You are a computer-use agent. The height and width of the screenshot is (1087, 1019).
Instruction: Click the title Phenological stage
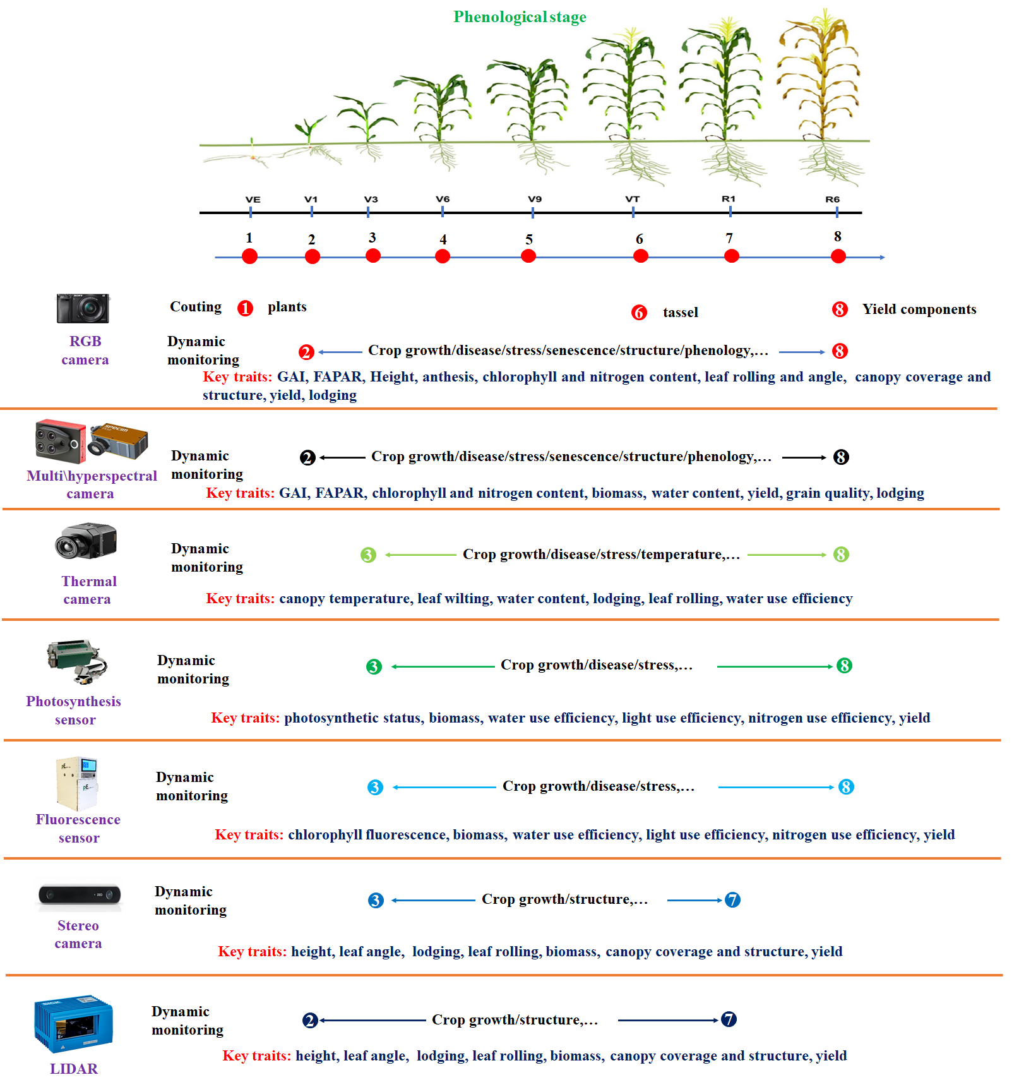coord(520,17)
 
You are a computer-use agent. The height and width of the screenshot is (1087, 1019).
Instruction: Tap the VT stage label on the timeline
coord(632,199)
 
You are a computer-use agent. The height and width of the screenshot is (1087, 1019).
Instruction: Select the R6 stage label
coord(832,199)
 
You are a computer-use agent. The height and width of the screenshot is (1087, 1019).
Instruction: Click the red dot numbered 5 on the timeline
coord(528,256)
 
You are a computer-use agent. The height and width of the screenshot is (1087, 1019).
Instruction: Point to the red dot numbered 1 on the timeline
coord(249,256)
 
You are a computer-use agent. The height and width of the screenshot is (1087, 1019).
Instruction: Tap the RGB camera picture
coord(83,308)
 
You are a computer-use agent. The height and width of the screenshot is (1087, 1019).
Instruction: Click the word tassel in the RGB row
coord(680,312)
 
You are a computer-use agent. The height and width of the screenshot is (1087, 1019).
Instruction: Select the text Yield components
coord(919,309)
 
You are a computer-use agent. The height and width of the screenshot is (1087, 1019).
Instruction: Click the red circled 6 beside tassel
coord(639,313)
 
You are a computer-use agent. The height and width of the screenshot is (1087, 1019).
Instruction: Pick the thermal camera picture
coord(86,541)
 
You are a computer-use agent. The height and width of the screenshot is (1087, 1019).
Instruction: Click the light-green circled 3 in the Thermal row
coord(368,555)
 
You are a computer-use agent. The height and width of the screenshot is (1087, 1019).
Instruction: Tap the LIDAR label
coord(74,1069)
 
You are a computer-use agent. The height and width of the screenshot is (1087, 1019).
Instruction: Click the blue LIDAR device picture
coord(73,1023)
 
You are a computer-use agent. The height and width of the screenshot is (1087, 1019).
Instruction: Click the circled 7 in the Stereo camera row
coord(732,899)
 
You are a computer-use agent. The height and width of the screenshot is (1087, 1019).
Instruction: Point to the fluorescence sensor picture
coord(77,783)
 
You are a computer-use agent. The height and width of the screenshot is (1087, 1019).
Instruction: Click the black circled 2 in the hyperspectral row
coord(307,457)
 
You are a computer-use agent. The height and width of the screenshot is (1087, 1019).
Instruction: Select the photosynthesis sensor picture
coord(77,662)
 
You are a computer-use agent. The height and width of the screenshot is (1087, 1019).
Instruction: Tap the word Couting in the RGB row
coord(196,307)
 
